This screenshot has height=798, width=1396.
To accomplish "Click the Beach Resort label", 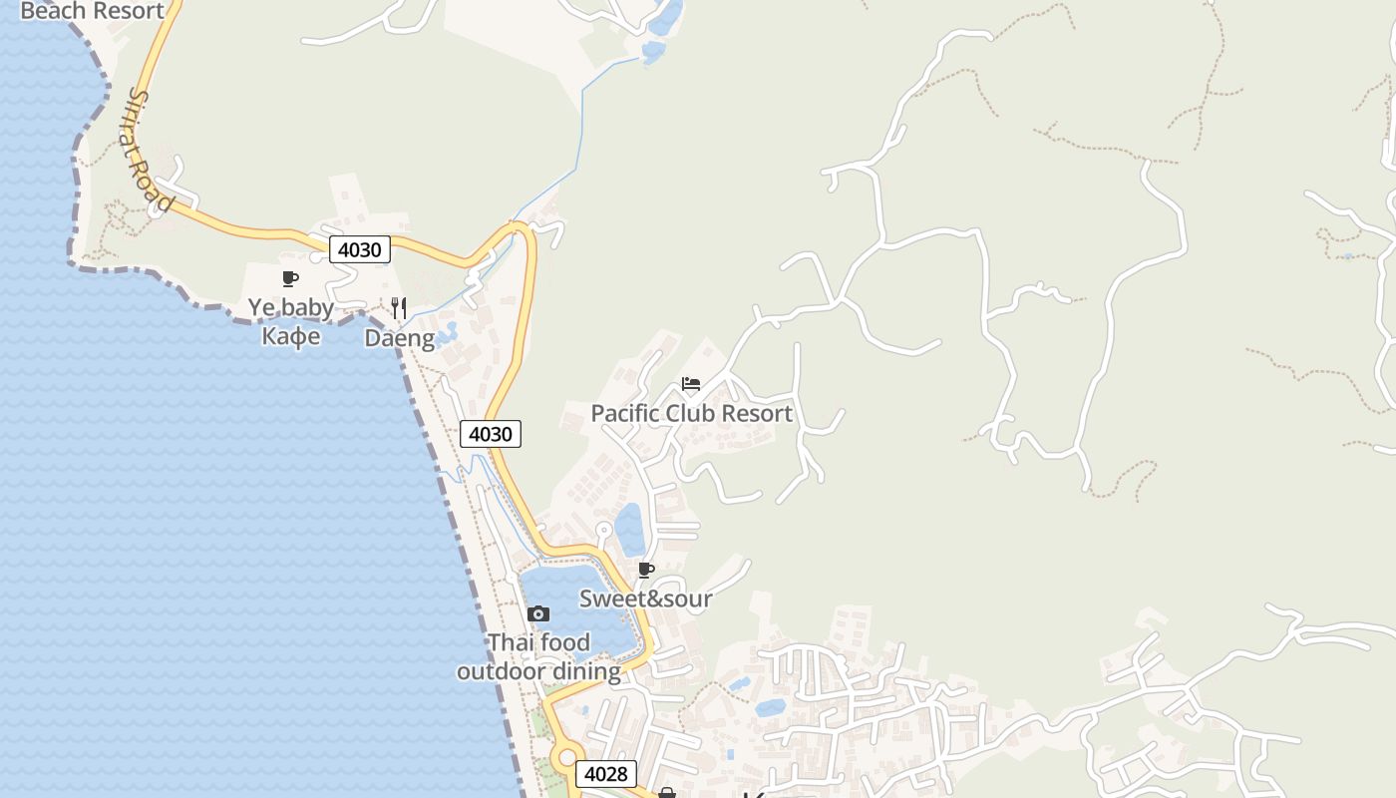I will point(92,11).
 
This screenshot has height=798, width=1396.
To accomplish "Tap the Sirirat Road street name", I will point(151,150).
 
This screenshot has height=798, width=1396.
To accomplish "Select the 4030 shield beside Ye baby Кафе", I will point(359,249).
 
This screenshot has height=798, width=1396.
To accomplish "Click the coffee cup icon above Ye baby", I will point(290,278).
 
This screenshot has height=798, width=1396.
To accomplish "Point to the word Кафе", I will point(291,336).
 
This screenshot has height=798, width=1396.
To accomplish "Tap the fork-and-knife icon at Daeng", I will point(399,307).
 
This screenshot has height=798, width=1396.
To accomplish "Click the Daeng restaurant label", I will point(399,338).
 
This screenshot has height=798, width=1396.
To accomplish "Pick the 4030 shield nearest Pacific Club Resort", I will point(491,434).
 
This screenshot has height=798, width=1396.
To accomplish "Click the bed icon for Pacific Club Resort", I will point(691,384).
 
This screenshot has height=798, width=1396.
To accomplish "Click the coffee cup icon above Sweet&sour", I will point(646,570).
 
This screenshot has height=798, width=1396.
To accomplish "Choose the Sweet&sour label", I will point(646,598).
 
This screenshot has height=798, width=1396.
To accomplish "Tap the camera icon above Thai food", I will point(538,613).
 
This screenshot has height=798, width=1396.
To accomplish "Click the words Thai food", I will point(538,642).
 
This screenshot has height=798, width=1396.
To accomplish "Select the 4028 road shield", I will point(606,774).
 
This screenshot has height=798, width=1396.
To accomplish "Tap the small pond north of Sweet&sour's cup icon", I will point(629,529).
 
